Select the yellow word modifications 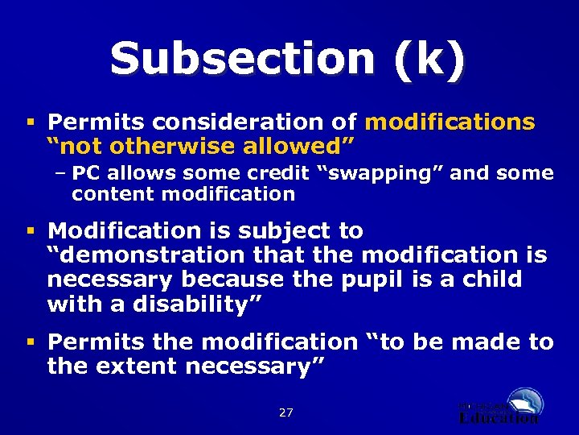coord(450,122)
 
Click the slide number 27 coord(285,412)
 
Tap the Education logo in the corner coord(503,406)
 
